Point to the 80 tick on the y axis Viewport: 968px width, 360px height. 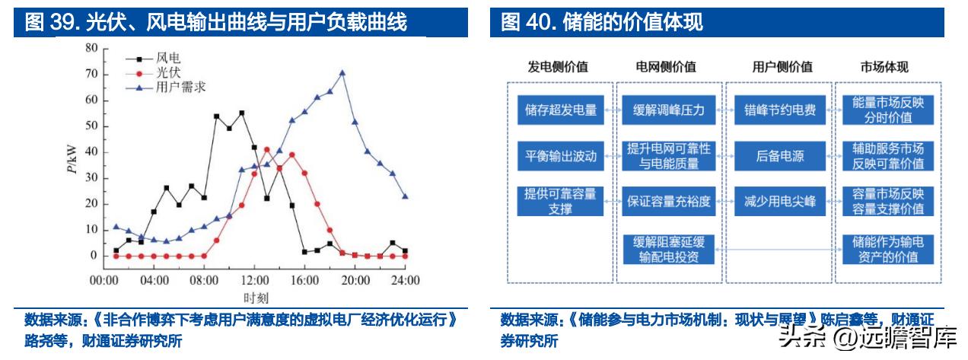pos(92,48)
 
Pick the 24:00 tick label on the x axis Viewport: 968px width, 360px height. pos(404,280)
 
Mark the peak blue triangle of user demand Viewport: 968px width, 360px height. pos(342,73)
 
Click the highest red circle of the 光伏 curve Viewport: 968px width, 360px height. pos(266,150)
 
